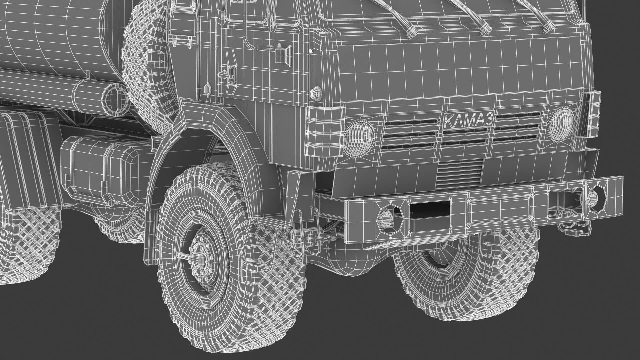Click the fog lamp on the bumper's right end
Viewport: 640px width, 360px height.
[x=592, y=199]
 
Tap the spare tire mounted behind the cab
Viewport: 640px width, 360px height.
[x=147, y=67]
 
